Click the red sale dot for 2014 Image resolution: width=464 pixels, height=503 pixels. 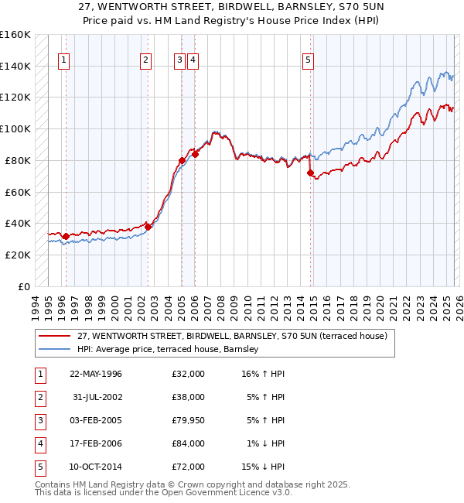310,173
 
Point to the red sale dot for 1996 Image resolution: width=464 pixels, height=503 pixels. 66,236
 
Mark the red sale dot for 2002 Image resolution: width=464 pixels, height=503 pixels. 148,227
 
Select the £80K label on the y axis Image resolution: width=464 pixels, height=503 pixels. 18,160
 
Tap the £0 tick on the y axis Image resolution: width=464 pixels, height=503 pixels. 24,286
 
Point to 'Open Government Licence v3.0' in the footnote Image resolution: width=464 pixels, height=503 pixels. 227,491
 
